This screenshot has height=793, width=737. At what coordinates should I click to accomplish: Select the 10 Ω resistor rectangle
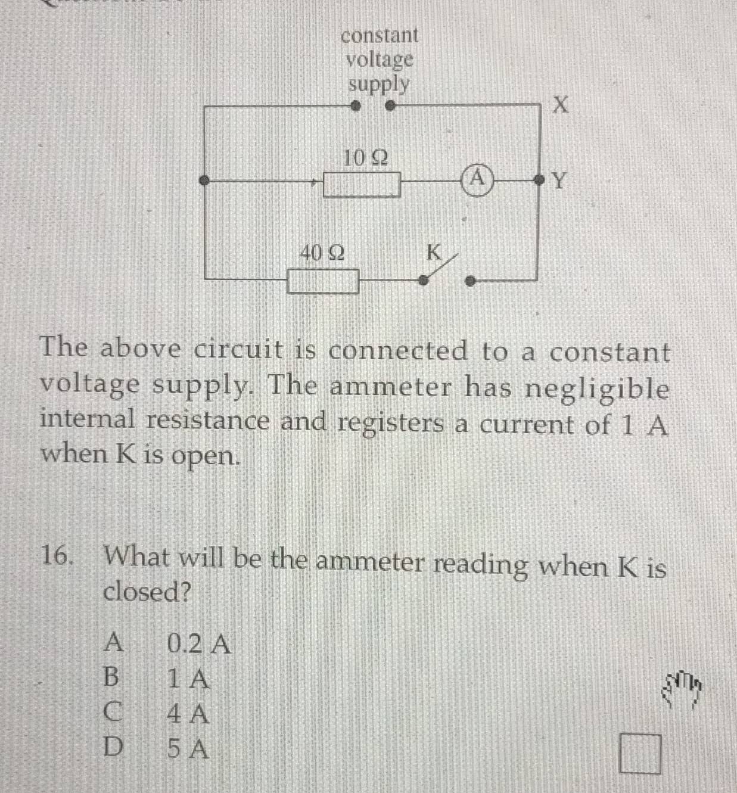pos(362,185)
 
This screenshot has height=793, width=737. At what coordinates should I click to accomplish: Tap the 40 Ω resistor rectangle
pos(323,281)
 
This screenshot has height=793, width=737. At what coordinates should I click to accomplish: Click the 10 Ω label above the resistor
pos(365,158)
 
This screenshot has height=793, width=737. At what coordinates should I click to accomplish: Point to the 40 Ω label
pos(322,253)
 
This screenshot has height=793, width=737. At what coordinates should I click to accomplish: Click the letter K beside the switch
pos(434,253)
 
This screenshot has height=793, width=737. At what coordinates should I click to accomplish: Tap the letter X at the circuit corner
pos(561,105)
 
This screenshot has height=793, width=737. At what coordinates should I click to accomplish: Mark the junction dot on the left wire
pos(204,181)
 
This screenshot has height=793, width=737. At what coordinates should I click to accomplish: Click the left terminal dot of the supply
pos(355,107)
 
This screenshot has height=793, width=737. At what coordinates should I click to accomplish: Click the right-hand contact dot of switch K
pos(471,281)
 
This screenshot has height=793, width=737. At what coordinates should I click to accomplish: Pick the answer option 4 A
pos(188,714)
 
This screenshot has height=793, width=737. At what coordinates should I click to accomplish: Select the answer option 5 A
pos(188,749)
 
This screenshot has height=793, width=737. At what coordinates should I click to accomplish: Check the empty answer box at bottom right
pos(640,754)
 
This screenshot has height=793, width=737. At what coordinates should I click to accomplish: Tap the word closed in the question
pos(147,592)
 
